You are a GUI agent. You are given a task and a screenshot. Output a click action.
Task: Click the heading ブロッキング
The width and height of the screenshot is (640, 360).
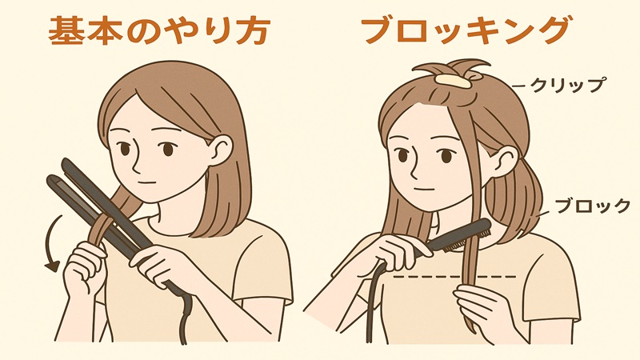[465, 30]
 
